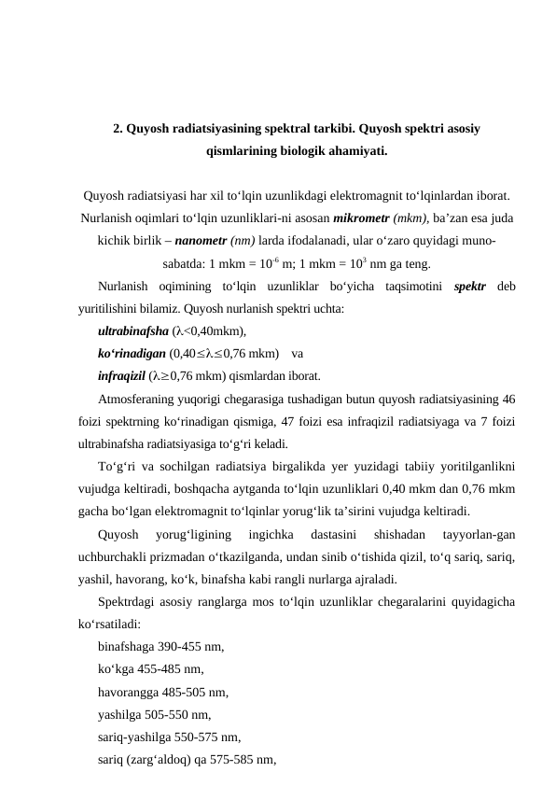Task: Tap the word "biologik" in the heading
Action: (294, 149)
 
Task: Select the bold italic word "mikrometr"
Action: (361, 218)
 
